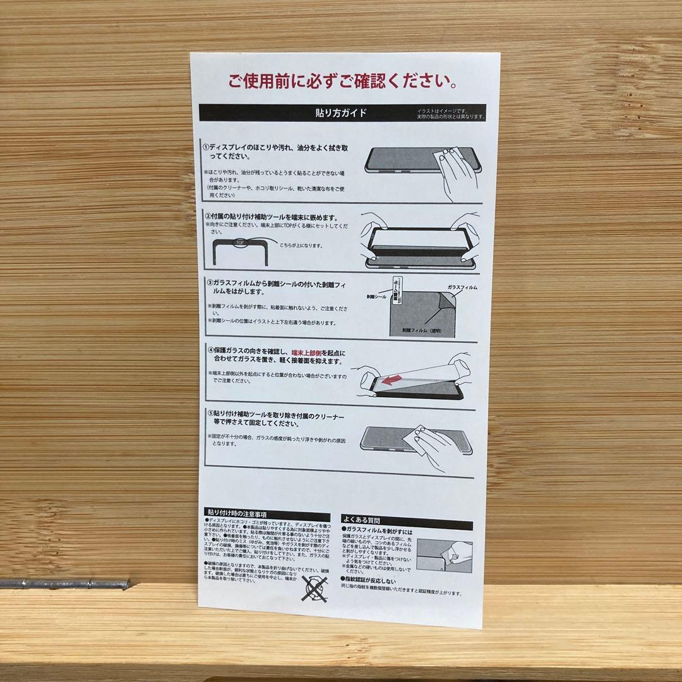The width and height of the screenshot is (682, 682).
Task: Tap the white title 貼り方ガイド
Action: click(342, 114)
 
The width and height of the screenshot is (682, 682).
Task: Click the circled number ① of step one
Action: click(206, 147)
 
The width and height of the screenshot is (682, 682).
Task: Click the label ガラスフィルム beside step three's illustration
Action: click(462, 287)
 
